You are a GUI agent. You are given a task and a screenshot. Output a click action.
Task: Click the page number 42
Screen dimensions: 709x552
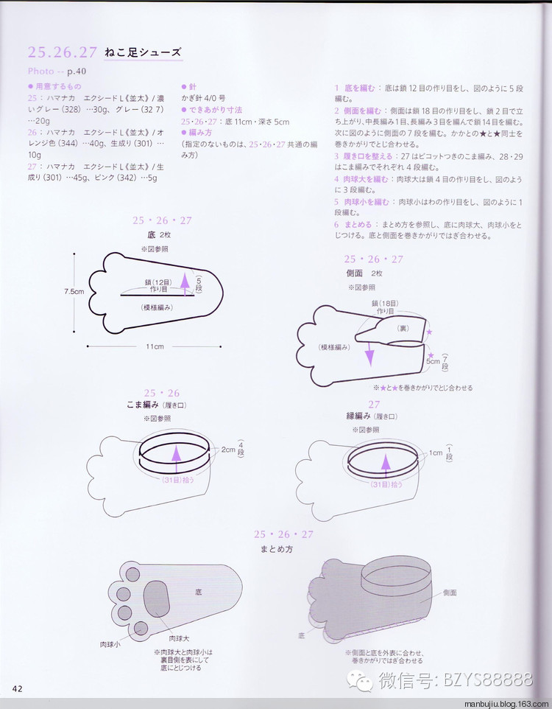17,689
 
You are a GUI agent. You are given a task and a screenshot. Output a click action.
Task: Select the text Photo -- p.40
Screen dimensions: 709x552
56,71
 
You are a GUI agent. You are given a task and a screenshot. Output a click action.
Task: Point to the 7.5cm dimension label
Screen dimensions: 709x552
74,291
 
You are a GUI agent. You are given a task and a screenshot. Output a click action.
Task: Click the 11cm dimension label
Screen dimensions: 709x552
155,346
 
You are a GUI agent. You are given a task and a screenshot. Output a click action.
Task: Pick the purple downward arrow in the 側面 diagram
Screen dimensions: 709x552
369,356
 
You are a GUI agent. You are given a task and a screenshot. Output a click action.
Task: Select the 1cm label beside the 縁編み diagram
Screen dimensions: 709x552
436,453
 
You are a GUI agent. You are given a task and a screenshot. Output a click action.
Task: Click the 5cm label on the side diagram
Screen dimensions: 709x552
432,361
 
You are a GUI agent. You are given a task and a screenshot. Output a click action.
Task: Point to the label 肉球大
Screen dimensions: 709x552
180,638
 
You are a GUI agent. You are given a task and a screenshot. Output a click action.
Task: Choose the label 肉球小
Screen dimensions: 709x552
110,644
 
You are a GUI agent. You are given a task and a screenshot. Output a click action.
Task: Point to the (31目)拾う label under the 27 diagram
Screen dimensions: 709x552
386,484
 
